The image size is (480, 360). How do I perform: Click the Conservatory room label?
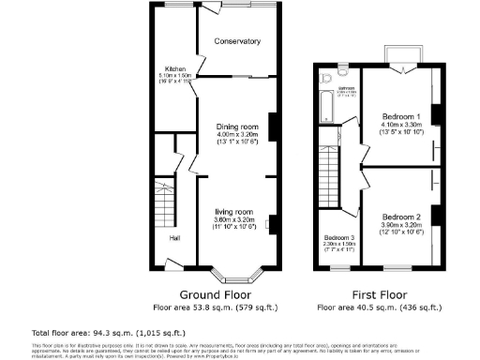pyautogui.click(x=236, y=41)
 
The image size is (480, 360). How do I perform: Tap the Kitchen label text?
pyautogui.click(x=175, y=69)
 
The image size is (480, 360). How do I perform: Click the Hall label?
pyautogui.click(x=174, y=237)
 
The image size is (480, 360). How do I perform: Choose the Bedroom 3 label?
pyautogui.click(x=337, y=237)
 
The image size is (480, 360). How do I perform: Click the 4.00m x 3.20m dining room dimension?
pyautogui.click(x=237, y=136)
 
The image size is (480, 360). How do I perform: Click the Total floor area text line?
pyautogui.click(x=91, y=332)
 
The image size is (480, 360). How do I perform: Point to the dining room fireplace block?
pyautogui.click(x=273, y=125)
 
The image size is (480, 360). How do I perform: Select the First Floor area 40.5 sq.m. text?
pyautogui.click(x=380, y=307)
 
